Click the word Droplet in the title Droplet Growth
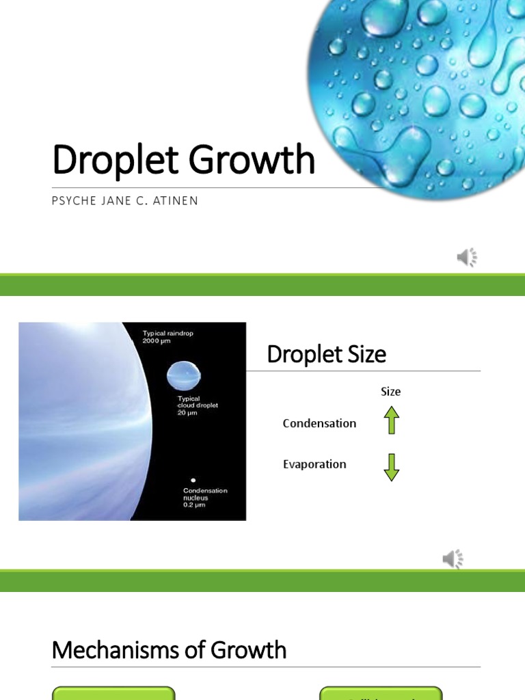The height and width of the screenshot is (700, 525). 116,160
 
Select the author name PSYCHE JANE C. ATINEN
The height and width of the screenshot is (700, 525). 125,201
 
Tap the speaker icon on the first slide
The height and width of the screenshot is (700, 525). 467,257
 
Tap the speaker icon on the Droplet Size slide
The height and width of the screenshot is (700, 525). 453,559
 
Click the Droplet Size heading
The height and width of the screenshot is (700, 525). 326,354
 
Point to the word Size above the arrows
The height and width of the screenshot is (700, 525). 390,392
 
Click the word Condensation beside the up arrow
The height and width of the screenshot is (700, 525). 319,423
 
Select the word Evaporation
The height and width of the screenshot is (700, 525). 314,464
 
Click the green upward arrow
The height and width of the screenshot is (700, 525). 391,420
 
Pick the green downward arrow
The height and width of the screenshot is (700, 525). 391,467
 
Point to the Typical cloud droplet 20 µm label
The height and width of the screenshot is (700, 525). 198,405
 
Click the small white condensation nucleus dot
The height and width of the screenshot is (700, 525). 193,481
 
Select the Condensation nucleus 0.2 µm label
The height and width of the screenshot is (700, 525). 205,498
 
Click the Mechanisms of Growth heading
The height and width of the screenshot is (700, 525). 169,649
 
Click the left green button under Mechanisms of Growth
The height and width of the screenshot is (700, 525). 113,693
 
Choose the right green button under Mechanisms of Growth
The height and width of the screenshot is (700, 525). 381,693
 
